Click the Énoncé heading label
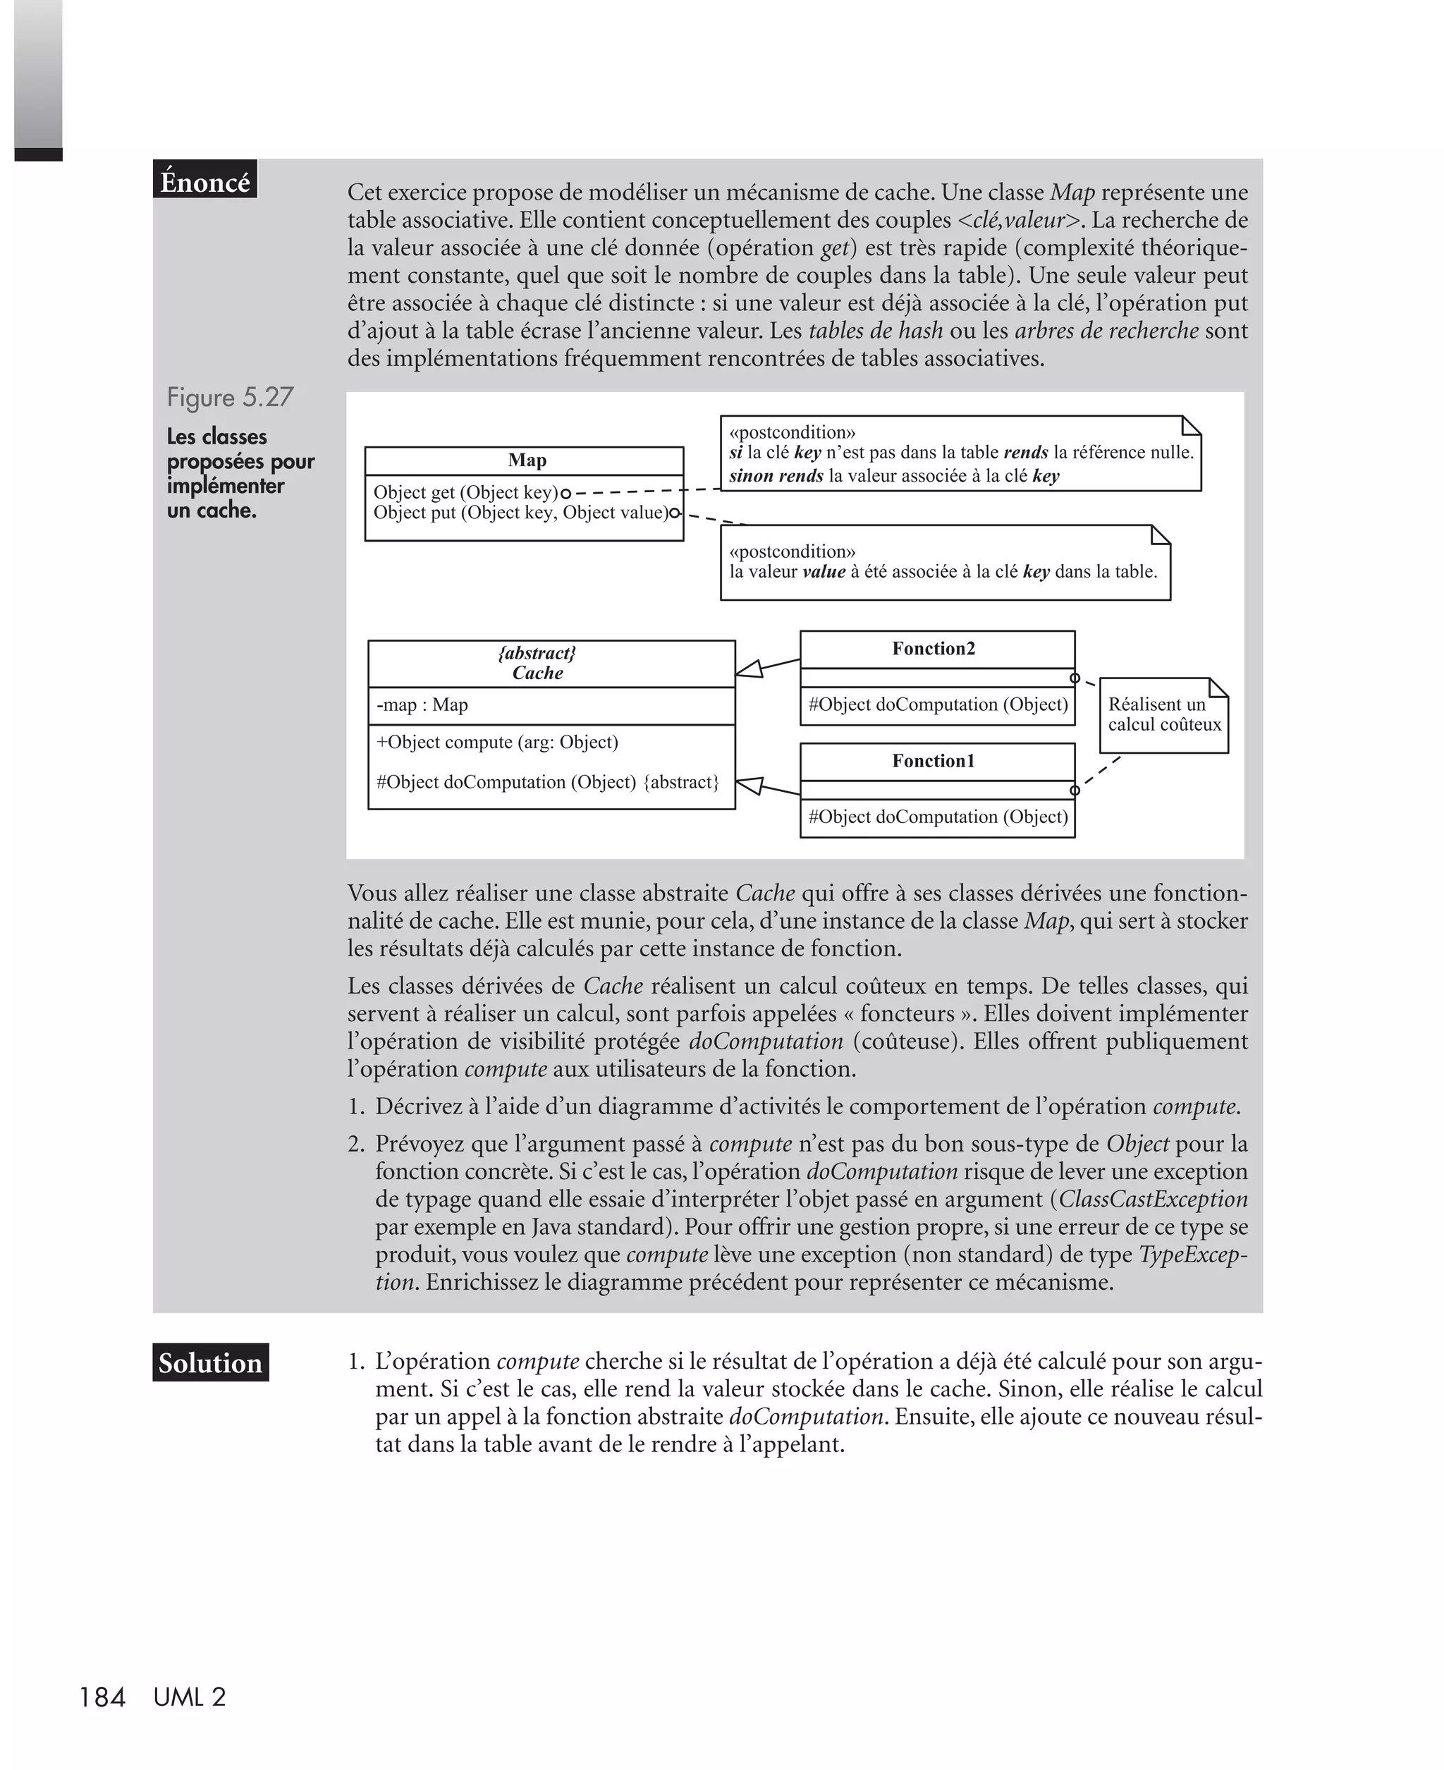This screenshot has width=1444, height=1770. pos(204,181)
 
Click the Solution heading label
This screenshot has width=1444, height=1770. pos(209,1362)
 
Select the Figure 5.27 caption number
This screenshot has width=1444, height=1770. pos(230,397)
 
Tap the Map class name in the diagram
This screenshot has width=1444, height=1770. pos(527,460)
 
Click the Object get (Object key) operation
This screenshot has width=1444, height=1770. pos(465,492)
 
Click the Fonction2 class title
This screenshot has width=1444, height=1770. pos(934,649)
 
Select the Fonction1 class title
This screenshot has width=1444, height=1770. pos(934,761)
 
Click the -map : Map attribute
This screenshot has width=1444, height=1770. pos(422,705)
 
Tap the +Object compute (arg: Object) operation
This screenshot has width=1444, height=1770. pos(496,742)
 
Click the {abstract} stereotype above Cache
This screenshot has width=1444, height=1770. pos(537,653)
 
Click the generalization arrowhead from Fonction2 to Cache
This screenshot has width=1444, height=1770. pos(749,669)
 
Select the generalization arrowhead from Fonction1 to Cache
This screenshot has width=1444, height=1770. pos(749,785)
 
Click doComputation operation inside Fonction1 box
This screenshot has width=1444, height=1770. pos(938,817)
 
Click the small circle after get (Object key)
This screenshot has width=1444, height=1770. pos(566,492)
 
